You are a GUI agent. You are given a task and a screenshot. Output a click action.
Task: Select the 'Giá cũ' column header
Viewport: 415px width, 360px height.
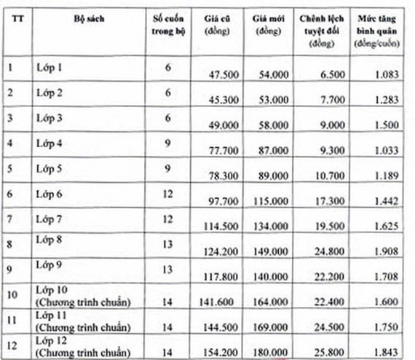pos(215,26)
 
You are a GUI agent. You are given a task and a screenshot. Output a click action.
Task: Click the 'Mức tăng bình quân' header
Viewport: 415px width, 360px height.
pos(378,31)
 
